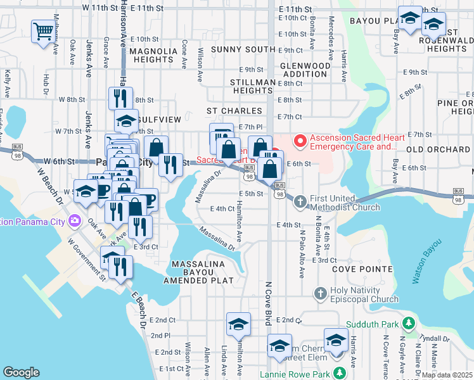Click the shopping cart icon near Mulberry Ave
(43, 30)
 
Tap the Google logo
(21, 372)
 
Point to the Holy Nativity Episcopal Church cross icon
(321, 293)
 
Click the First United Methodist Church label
(345, 202)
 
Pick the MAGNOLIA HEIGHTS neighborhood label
(154, 55)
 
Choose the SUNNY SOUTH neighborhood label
(243, 49)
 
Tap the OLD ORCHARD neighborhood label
(438, 149)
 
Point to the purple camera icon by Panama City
(75, 221)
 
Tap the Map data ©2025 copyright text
(447, 374)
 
